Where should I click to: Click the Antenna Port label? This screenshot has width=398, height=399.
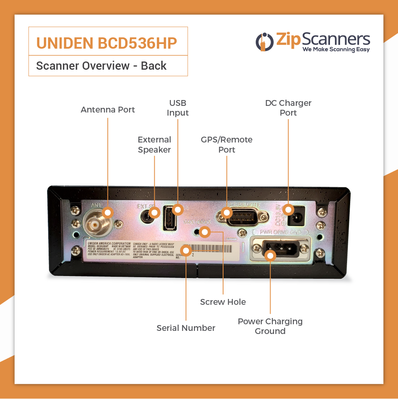tap(108, 110)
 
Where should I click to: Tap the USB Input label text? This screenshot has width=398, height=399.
tap(178, 108)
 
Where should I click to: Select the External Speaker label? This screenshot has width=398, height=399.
tap(154, 144)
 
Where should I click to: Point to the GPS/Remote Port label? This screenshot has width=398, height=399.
tap(227, 144)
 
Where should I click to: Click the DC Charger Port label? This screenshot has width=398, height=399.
tap(288, 108)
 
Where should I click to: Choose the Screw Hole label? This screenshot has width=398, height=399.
tap(223, 302)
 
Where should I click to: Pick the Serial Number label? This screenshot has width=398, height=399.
tap(186, 328)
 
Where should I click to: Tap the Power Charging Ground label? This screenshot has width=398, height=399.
tap(270, 326)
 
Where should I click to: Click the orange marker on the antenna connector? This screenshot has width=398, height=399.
tap(108, 212)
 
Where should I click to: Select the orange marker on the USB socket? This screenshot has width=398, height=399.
tap(178, 210)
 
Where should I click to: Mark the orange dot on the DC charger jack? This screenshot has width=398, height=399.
tap(288, 210)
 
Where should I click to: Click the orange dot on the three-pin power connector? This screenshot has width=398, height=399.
tap(271, 255)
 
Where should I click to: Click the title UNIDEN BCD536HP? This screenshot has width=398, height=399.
tap(106, 43)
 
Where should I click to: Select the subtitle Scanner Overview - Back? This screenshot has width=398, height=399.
tap(101, 66)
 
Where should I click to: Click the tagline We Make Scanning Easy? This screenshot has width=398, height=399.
tap(336, 49)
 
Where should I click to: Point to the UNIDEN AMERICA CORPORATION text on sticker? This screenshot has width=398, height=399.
tap(109, 243)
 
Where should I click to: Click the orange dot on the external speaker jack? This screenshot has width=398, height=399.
tap(155, 213)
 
